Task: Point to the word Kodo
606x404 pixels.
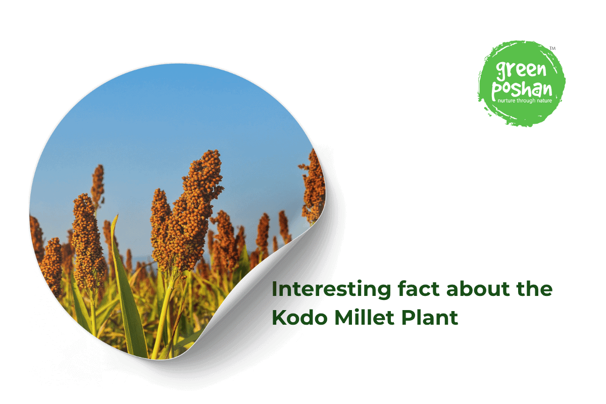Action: pyautogui.click(x=297, y=318)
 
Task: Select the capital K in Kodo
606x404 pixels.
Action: pyautogui.click(x=278, y=318)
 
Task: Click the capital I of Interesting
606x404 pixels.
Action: pyautogui.click(x=275, y=289)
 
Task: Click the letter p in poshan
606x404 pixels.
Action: pyautogui.click(x=497, y=91)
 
